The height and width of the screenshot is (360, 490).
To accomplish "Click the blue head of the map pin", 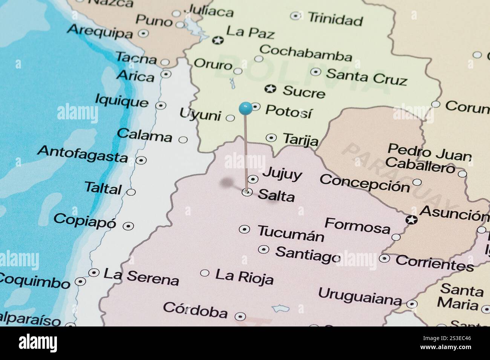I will [x=245, y=108].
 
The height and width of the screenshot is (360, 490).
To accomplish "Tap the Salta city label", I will [x=276, y=195].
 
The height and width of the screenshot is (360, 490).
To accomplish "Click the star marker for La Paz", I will [x=217, y=40].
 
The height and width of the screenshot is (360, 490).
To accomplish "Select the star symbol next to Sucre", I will [x=270, y=89].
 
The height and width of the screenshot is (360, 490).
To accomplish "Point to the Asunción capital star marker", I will [x=411, y=220].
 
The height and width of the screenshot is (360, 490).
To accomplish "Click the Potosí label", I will [x=289, y=111].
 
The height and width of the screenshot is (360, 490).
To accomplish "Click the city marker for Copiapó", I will [x=129, y=226].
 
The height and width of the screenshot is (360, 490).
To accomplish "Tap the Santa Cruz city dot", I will [x=315, y=72].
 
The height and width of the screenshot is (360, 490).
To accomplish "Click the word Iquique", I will [x=121, y=101].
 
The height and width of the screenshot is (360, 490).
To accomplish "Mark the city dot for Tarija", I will [x=271, y=138].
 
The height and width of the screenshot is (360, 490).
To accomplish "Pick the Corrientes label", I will [x=435, y=263].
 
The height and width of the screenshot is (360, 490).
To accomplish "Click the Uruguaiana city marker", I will [x=412, y=304].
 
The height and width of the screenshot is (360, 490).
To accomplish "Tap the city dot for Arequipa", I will [x=143, y=33].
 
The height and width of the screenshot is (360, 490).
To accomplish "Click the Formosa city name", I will [x=357, y=226].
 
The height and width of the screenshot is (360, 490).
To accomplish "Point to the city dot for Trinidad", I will [x=296, y=16].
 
